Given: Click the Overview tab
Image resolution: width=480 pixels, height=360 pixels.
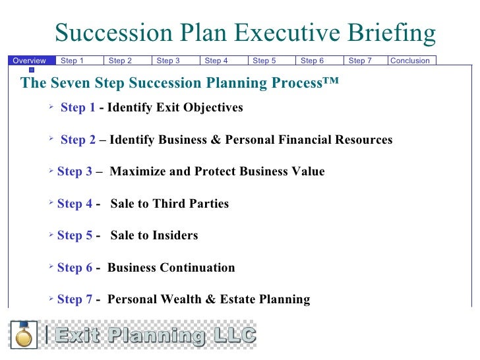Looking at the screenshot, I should (x=29, y=61).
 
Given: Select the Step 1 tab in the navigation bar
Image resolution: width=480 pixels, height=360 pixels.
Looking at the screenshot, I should (x=72, y=61).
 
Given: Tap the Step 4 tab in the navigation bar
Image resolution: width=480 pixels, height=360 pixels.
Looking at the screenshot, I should (x=216, y=61).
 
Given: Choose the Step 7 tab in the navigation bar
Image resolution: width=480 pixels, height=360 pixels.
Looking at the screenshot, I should (x=360, y=61).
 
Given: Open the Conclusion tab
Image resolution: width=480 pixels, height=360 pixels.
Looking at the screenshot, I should (x=410, y=61).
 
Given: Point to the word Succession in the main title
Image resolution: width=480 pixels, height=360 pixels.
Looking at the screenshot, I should (x=110, y=33).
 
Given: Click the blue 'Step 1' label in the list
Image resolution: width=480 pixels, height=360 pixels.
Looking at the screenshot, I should (x=78, y=107).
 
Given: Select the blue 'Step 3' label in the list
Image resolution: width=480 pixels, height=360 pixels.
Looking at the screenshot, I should (x=75, y=171).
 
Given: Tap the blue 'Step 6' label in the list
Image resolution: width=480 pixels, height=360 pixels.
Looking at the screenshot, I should (x=75, y=268).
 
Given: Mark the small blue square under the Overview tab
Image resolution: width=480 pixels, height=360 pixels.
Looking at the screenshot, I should (x=31, y=69).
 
